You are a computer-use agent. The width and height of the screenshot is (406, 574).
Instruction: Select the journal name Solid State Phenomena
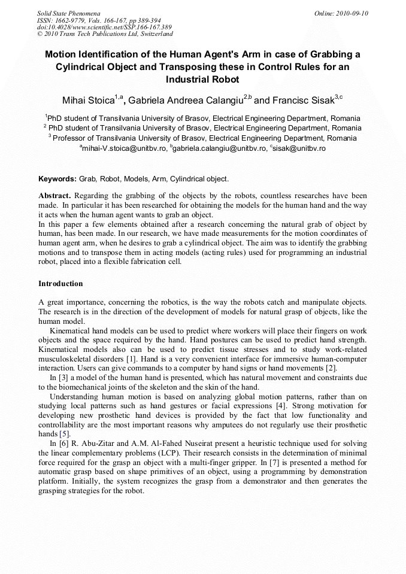(x=68, y=13)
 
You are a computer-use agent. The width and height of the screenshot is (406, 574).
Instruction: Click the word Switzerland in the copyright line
(x=147, y=34)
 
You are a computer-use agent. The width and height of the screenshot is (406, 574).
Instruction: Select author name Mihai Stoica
(x=88, y=99)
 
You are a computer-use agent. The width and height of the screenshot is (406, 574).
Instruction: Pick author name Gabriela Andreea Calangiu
(x=186, y=99)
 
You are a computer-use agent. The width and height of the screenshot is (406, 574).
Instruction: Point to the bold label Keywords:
(x=57, y=179)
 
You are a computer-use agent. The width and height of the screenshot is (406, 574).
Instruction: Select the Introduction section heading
(x=60, y=283)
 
